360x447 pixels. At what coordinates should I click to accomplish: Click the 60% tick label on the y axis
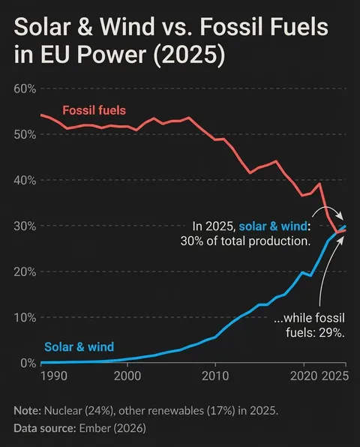click(25, 88)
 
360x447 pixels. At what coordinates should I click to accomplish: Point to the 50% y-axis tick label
click(25, 134)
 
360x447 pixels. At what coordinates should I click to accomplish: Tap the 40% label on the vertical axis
click(25, 180)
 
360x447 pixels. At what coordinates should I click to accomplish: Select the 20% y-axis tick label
click(25, 271)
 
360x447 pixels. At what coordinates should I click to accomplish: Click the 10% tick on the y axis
click(25, 317)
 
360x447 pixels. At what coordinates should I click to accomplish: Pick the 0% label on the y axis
click(28, 363)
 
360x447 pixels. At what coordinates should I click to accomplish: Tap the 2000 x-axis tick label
click(127, 375)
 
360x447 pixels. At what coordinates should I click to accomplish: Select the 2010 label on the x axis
click(214, 375)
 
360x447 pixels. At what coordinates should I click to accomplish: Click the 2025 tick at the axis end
click(334, 375)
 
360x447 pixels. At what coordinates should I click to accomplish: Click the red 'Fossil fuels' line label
click(94, 110)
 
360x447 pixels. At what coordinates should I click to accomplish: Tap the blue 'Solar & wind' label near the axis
click(79, 346)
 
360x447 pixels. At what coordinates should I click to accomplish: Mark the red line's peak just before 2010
click(188, 118)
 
